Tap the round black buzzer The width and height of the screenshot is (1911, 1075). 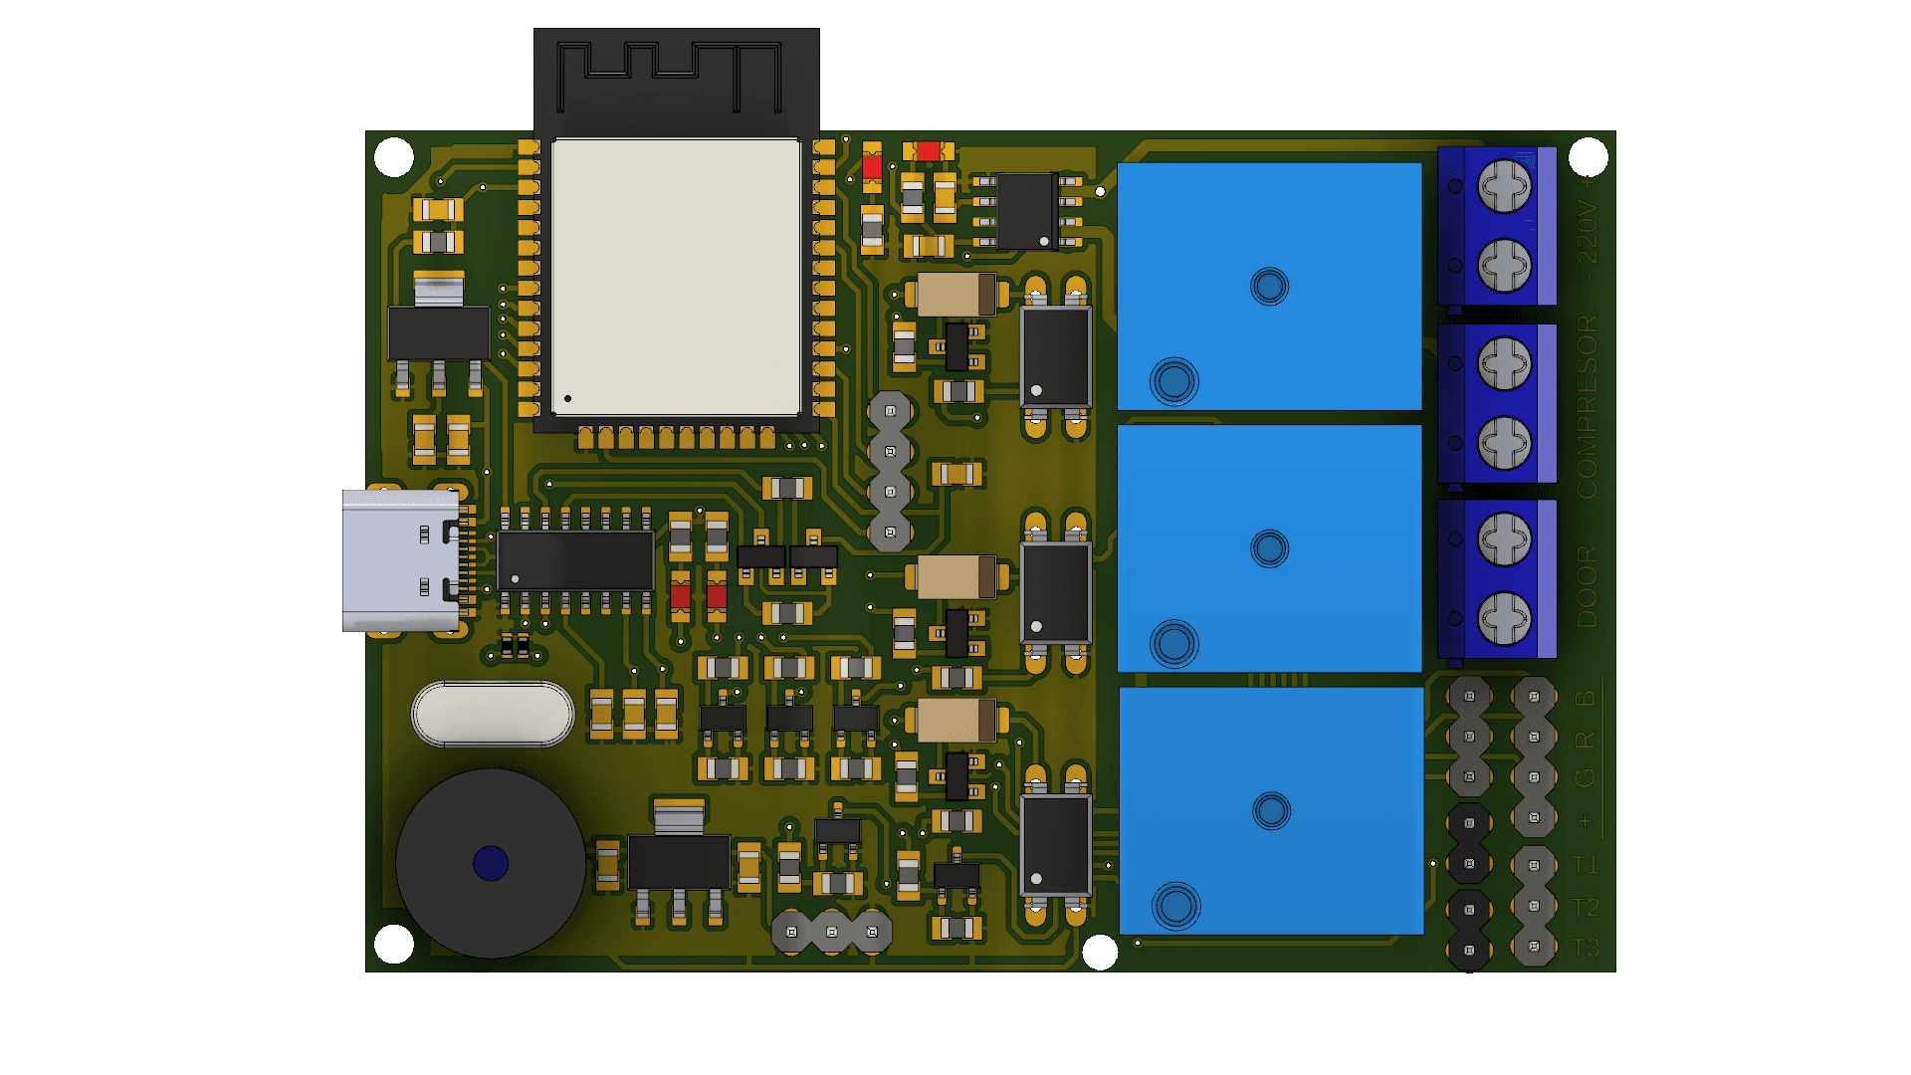491,863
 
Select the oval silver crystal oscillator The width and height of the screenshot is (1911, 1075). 493,714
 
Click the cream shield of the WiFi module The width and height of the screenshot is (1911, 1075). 676,277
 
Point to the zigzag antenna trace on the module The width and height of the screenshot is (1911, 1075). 669,75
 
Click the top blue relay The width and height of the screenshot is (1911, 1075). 1269,287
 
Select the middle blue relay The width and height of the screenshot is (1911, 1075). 1269,548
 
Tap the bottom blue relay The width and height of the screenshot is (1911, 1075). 1271,811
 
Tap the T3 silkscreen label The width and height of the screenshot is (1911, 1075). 1586,948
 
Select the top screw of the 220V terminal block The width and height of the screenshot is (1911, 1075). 1504,186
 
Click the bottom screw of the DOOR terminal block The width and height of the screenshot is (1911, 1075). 1504,618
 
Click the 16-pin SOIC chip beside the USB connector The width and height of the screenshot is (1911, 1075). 575,560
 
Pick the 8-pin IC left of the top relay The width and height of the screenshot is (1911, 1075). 1026,211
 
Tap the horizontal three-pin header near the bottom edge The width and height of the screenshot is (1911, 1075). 831,932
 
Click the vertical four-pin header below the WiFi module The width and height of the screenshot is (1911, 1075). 890,471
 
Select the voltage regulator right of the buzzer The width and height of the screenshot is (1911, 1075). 679,862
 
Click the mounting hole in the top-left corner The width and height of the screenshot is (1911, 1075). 394,157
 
